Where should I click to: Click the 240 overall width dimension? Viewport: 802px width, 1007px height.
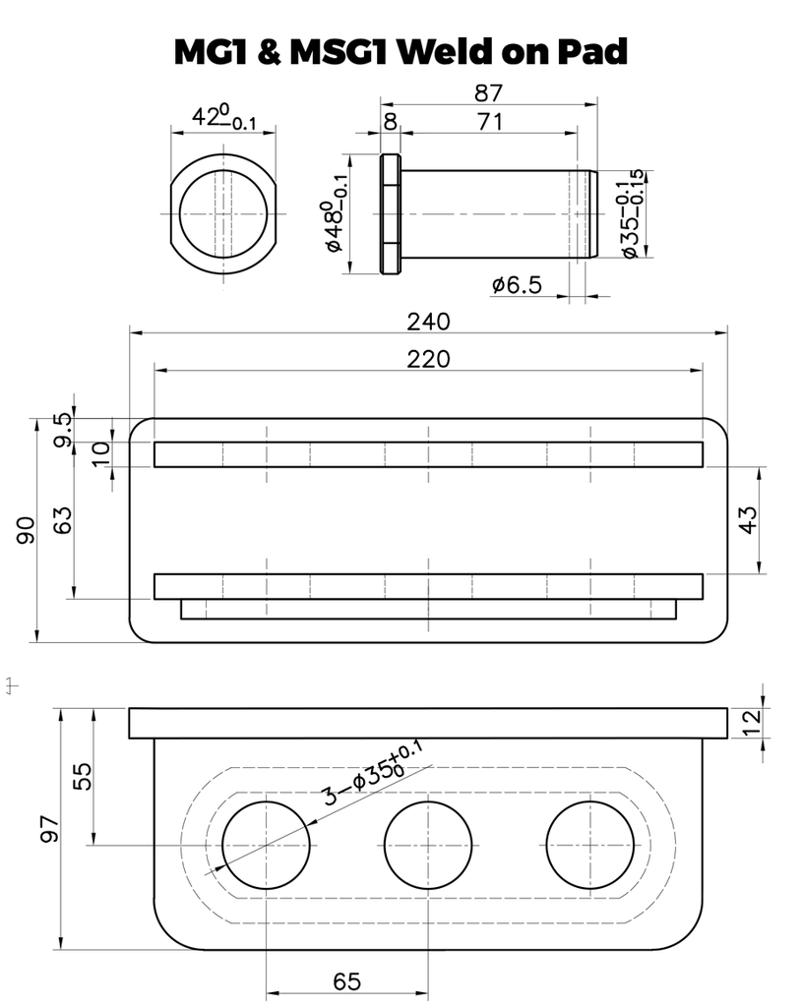(429, 322)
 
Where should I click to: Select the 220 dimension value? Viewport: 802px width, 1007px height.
(429, 358)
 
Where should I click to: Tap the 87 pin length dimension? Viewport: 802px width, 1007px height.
(488, 93)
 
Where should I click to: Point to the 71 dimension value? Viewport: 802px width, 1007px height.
(490, 121)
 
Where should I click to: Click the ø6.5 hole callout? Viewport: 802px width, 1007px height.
(518, 284)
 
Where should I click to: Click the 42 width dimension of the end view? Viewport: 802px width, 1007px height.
(223, 116)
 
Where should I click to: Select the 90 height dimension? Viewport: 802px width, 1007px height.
(26, 530)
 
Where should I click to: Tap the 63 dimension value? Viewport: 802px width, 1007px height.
(62, 520)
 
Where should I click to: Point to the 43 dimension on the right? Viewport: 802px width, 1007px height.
(749, 519)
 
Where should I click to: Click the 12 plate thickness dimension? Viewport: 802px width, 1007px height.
(751, 723)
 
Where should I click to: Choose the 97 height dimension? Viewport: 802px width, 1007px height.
(49, 829)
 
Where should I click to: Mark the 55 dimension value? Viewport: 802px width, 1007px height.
(84, 776)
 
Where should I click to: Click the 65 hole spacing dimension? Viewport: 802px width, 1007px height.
(347, 980)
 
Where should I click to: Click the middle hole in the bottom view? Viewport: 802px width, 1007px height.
(428, 845)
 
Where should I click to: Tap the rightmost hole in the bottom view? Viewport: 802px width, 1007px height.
(589, 845)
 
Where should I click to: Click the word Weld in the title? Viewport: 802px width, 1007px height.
(445, 51)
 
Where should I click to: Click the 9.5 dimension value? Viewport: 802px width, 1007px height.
(62, 430)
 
